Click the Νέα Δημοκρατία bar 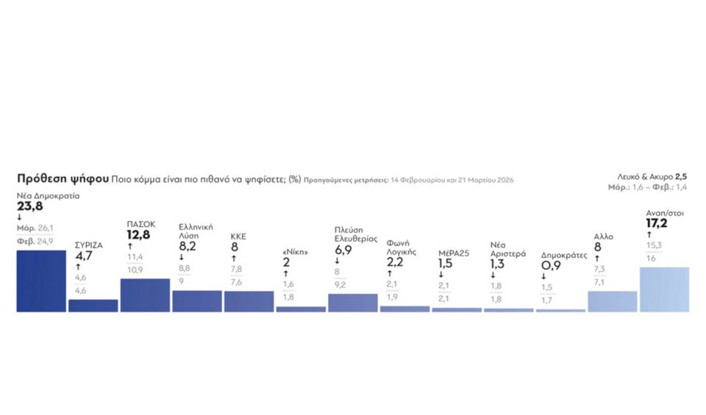tap(41, 281)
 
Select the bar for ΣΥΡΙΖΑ tap(93, 306)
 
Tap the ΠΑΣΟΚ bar tap(145, 295)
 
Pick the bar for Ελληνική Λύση tap(196, 301)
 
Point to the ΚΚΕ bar tap(249, 301)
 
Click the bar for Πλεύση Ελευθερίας tap(353, 303)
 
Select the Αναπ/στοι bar tap(665, 289)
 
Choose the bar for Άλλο tap(613, 301)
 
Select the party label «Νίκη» tap(294, 252)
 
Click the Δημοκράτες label tap(563, 256)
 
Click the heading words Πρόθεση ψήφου tap(63, 179)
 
